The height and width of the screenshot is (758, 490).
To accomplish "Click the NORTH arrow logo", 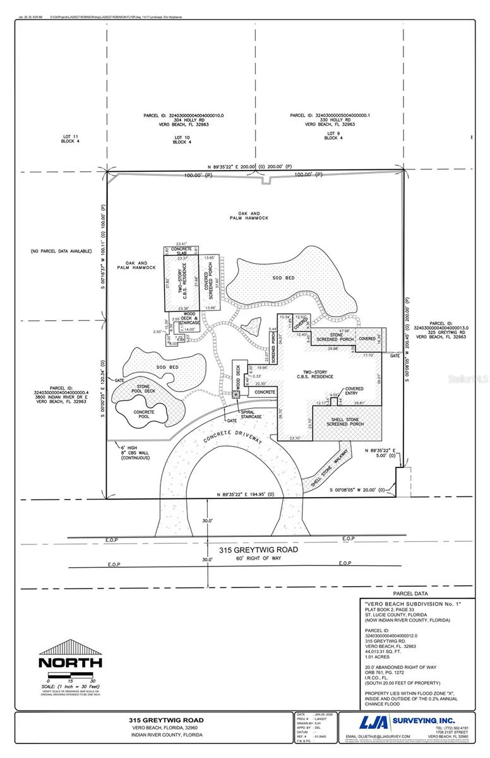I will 70,655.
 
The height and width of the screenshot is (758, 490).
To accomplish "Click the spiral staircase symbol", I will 236,395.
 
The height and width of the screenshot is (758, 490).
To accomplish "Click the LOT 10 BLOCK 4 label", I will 182,140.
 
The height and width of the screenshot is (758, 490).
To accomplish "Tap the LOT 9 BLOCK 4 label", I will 333,136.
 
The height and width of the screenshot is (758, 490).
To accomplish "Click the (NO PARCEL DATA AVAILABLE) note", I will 61,251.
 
